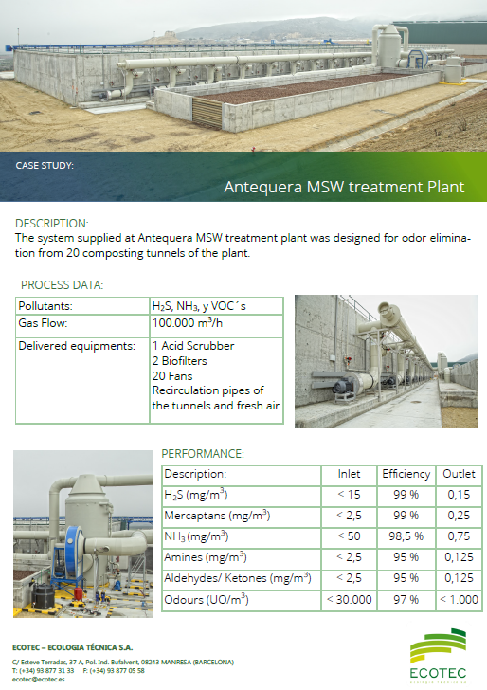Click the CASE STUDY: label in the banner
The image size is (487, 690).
pos(45,166)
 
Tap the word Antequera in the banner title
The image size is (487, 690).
pos(263,187)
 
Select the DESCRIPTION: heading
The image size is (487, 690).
pos(52,223)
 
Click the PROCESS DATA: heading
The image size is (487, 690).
pos(62,285)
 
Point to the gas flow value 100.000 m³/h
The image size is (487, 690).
pos(188,323)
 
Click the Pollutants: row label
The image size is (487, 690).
pos(45,306)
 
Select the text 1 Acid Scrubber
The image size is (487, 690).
pos(193,346)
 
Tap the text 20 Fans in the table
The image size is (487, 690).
pos(172,375)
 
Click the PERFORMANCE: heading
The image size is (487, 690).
pos(203,454)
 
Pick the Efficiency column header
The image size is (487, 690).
pos(406,474)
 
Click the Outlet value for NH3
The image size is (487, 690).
pos(459,536)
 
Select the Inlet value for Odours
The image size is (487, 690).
pos(350,599)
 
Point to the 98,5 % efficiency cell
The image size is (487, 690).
pos(406,536)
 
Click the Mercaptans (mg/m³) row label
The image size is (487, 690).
pos(217,516)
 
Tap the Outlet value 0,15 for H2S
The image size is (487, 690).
pos(459,495)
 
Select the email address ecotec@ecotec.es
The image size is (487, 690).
pos(38,680)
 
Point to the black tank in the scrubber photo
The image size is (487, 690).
pos(44,596)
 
